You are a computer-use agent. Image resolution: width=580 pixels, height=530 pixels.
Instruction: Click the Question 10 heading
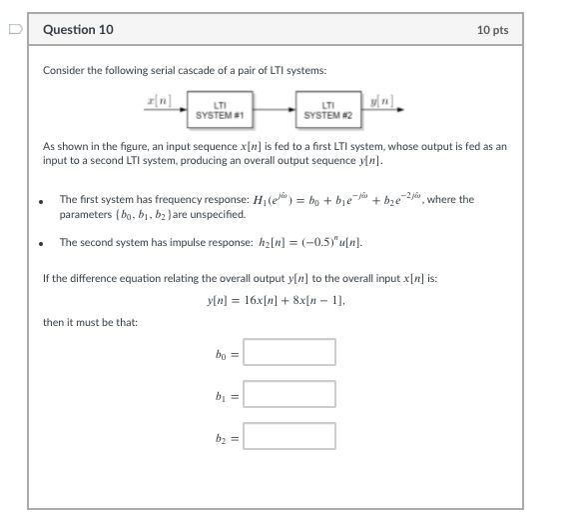coord(78,30)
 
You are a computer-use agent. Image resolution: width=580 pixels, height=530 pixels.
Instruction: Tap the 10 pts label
coord(492,30)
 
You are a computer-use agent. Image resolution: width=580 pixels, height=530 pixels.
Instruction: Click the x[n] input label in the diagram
coord(158,100)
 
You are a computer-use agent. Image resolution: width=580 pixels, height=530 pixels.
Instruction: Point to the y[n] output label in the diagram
coord(379,100)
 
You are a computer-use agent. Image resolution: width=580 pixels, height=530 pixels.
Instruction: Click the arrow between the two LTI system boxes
coord(273,108)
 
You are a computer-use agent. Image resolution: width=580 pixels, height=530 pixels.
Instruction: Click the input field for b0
coord(290,352)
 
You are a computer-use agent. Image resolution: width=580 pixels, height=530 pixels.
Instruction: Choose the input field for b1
coord(290,394)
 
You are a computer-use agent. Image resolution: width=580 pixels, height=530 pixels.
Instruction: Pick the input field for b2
coord(290,437)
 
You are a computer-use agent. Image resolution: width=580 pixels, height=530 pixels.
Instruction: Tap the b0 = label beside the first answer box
coord(227,353)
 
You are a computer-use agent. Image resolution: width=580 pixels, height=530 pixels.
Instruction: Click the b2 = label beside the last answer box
coord(227,438)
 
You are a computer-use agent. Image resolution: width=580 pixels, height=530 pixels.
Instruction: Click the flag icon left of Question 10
coord(13,29)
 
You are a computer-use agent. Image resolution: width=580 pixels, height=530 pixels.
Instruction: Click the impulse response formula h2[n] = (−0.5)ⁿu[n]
coord(308,243)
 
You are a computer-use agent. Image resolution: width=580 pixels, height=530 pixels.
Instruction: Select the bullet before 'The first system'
coord(41,201)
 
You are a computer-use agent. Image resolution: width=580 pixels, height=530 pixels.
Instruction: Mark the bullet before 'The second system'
coord(41,243)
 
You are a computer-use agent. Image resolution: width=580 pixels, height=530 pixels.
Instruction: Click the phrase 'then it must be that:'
coord(90,322)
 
